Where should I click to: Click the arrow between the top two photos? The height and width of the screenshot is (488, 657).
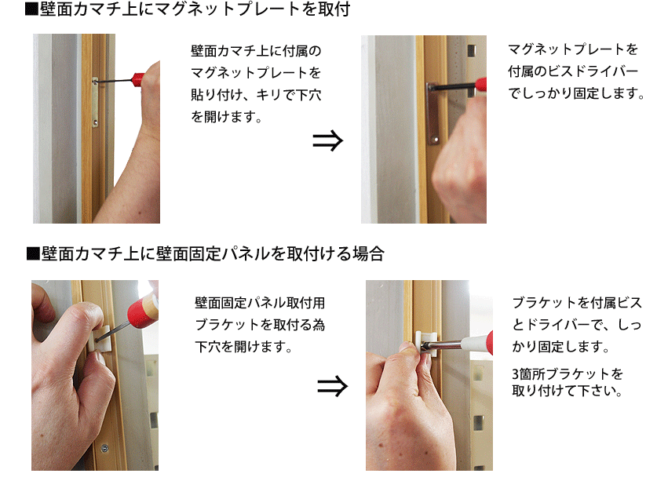327,140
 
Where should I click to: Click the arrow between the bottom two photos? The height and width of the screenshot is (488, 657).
332,386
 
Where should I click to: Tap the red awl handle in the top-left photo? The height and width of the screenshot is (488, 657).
138,78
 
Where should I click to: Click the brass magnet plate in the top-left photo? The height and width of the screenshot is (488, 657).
95,102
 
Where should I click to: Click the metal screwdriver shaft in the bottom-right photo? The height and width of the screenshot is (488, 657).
444,344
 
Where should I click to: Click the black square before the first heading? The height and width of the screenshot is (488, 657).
31,9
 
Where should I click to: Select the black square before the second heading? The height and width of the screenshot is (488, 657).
33,253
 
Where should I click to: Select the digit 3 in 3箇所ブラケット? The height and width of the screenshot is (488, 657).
516,373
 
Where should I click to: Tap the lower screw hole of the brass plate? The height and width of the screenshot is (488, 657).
95,123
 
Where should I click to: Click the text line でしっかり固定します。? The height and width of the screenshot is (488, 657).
577,93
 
